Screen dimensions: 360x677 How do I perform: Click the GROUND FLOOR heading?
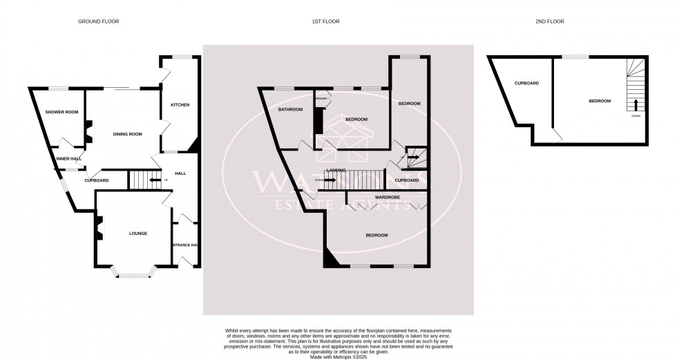point(98,21)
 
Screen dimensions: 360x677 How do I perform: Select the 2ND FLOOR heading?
point(550,21)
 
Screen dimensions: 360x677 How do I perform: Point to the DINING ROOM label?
point(127,134)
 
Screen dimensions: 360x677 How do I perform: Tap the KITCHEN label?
point(180,105)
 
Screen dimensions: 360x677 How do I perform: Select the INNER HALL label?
point(70,158)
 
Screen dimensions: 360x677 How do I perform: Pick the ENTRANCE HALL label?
point(185,245)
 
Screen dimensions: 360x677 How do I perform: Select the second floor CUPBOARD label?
point(526,84)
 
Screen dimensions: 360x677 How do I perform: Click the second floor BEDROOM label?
point(599,101)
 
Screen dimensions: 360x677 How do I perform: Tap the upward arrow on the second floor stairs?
point(636,105)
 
